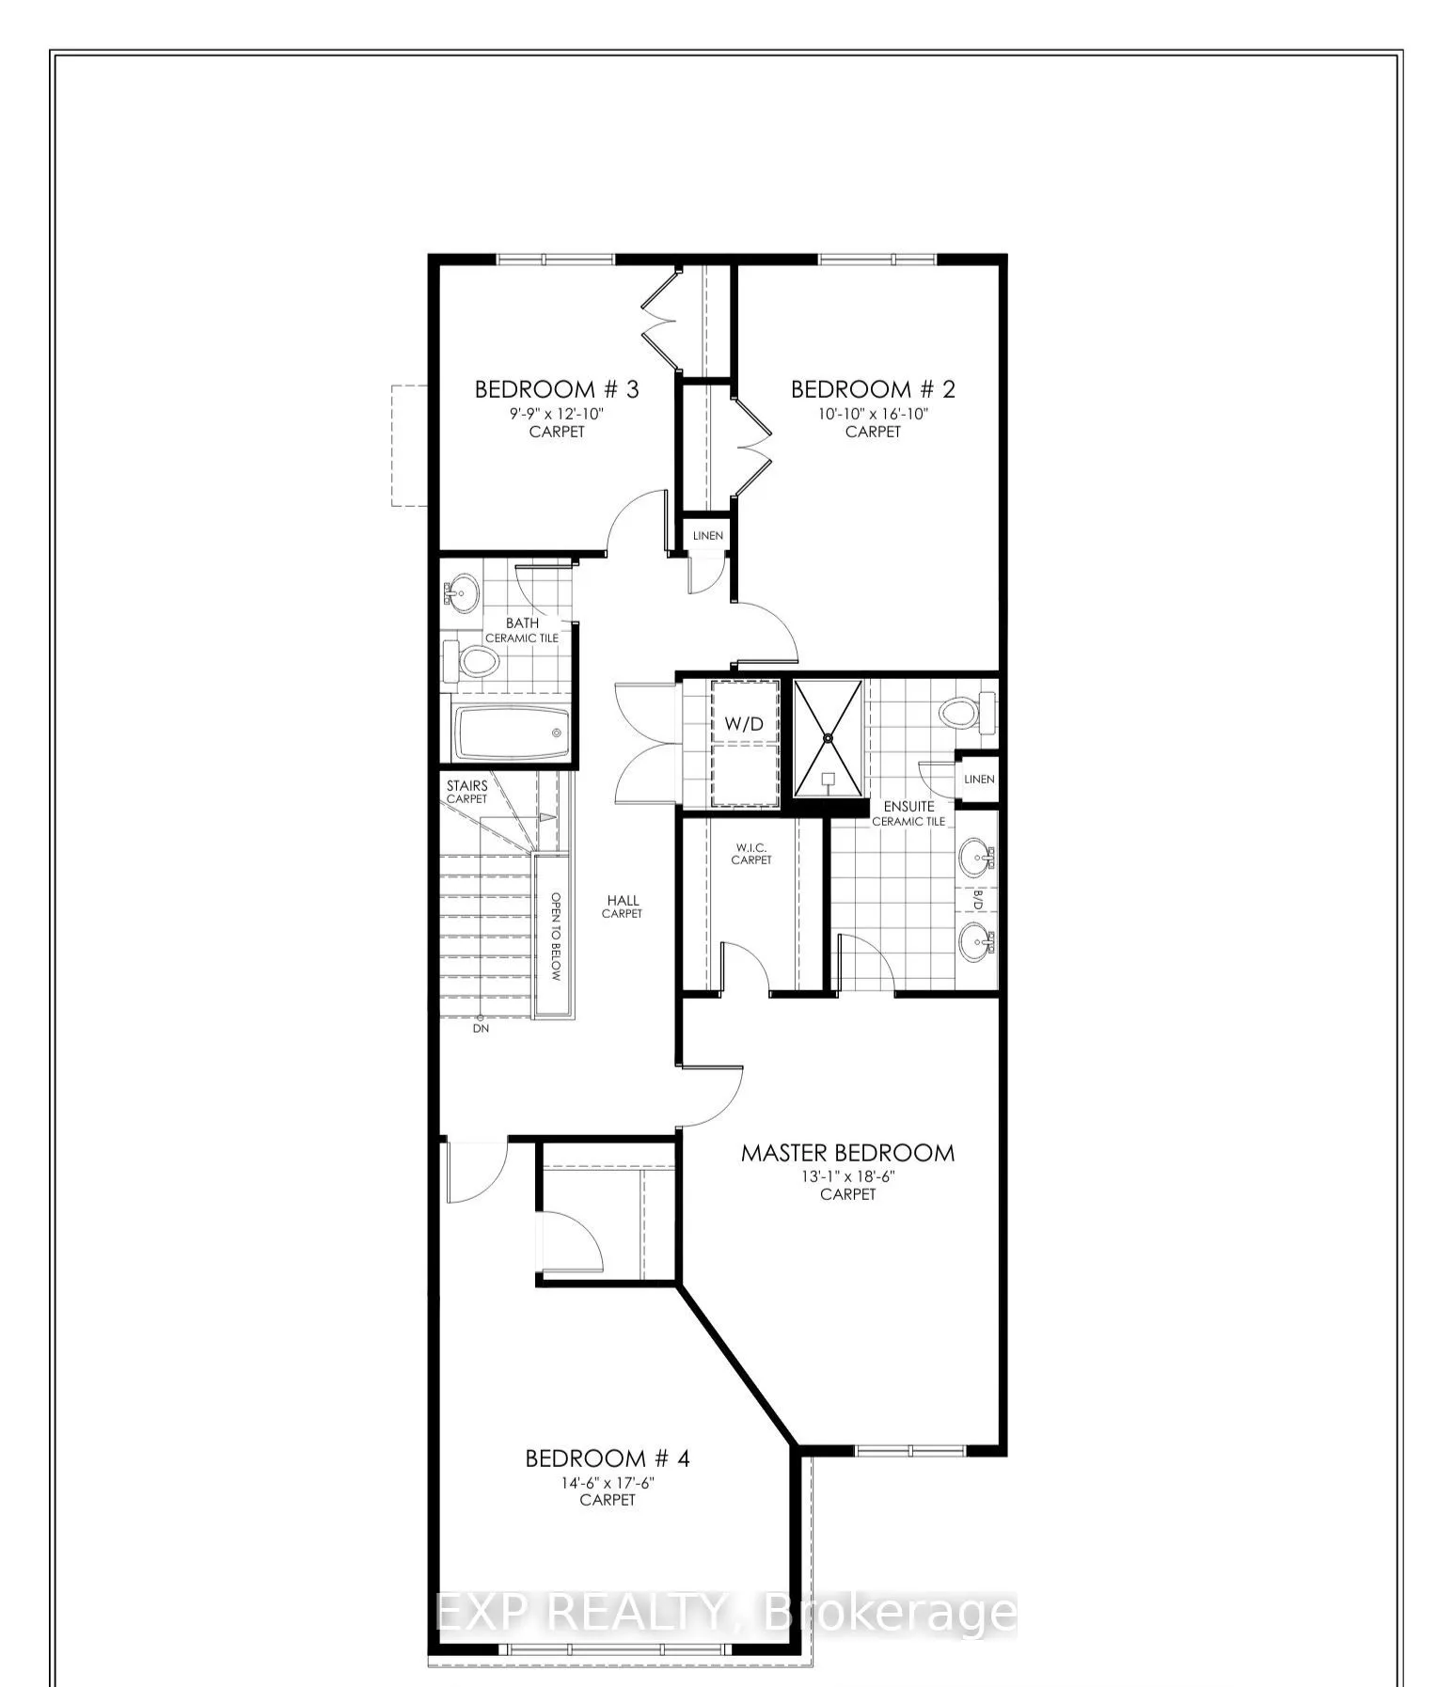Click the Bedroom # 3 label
(556, 389)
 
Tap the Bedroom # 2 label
(873, 389)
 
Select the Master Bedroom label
(847, 1153)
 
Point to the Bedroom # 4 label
(608, 1458)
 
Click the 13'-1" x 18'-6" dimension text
(847, 1175)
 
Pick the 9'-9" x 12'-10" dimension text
(556, 413)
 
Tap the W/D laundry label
(744, 724)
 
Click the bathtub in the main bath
(513, 733)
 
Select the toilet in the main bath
(475, 661)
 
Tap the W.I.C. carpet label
(751, 853)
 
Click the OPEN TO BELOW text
(556, 937)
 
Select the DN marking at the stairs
(481, 1029)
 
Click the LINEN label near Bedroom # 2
(708, 536)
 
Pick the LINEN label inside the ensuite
(979, 780)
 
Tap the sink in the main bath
(460, 592)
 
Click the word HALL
(622, 900)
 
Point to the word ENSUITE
(908, 806)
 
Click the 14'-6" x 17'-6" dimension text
(608, 1482)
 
